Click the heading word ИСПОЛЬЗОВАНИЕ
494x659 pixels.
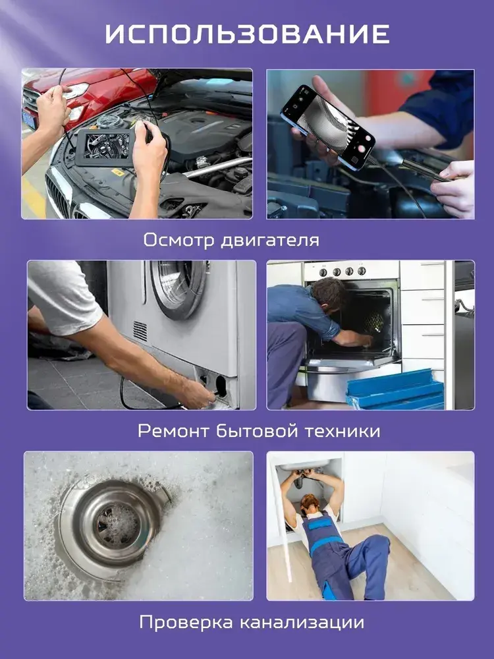pyautogui.click(x=247, y=34)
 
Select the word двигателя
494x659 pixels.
pyautogui.click(x=269, y=241)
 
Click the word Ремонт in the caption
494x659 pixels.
pyautogui.click(x=173, y=431)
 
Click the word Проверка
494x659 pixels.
pyautogui.click(x=186, y=623)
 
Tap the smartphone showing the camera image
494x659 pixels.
pyautogui.click(x=328, y=127)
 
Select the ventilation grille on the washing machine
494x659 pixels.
pyautogui.click(x=140, y=331)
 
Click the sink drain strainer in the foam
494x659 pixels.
pyautogui.click(x=113, y=523)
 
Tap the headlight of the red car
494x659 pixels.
pyautogui.click(x=77, y=90)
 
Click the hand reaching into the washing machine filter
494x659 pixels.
pyautogui.click(x=198, y=393)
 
